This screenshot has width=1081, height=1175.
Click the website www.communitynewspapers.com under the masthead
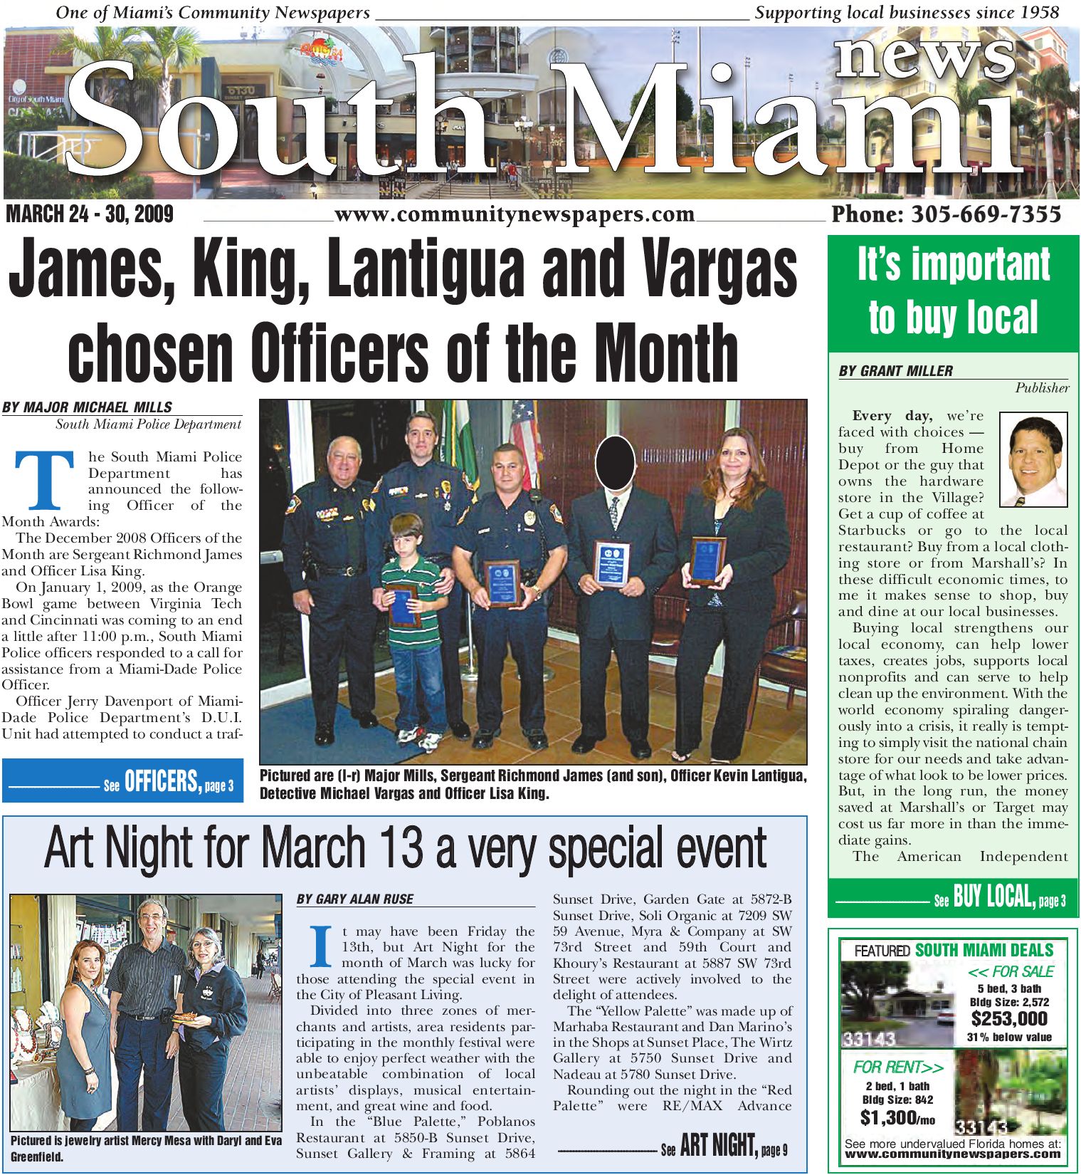tap(514, 214)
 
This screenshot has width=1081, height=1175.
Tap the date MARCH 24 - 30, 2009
tap(90, 214)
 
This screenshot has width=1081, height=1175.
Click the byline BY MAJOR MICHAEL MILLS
tap(87, 407)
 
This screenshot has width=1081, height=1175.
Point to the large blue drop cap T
tap(44, 481)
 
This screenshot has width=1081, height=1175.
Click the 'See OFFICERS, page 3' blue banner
tap(122, 782)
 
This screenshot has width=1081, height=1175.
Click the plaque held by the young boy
tap(401, 605)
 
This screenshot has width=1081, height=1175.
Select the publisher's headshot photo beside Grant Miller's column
tap(1033, 459)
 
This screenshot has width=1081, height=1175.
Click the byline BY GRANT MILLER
tap(895, 371)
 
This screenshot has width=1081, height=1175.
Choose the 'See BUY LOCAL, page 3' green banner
tap(952, 898)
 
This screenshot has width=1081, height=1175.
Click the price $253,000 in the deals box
tap(1009, 1019)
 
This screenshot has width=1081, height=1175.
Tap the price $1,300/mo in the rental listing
tap(897, 1118)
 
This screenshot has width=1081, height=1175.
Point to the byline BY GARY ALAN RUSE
tap(354, 899)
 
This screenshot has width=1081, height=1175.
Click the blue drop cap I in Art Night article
tap(321, 946)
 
